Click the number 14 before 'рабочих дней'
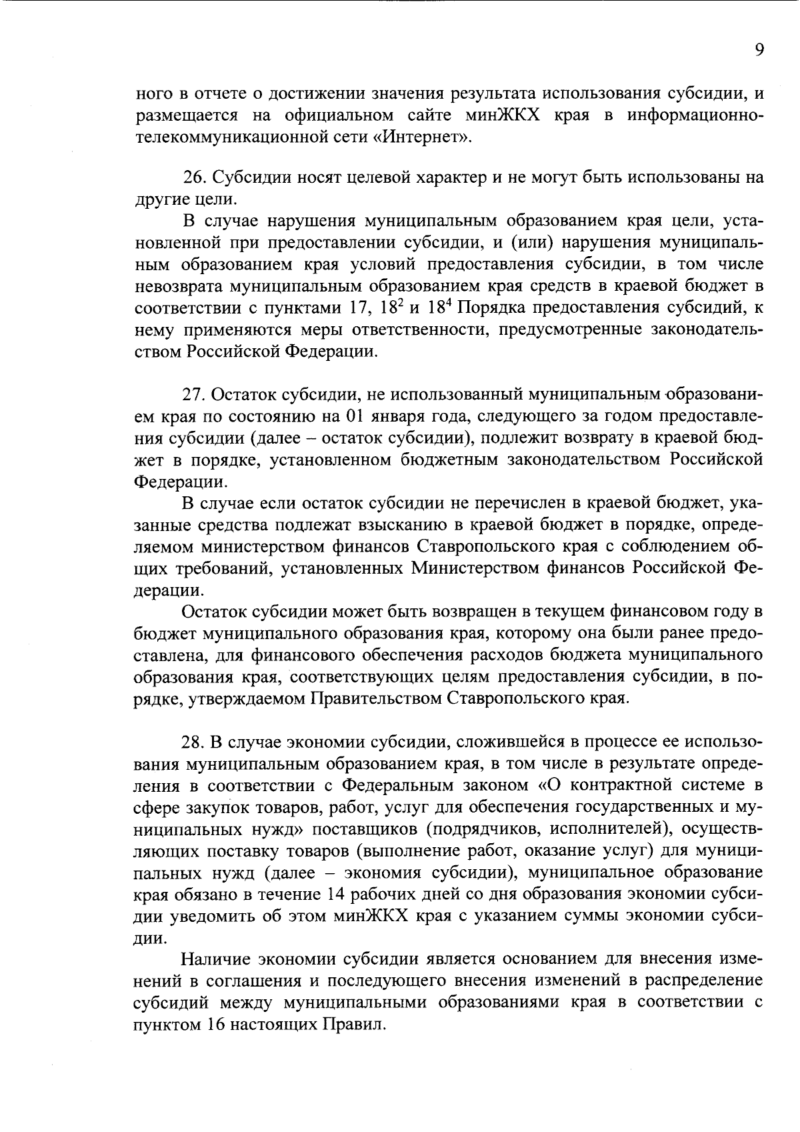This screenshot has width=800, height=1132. click(x=339, y=894)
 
